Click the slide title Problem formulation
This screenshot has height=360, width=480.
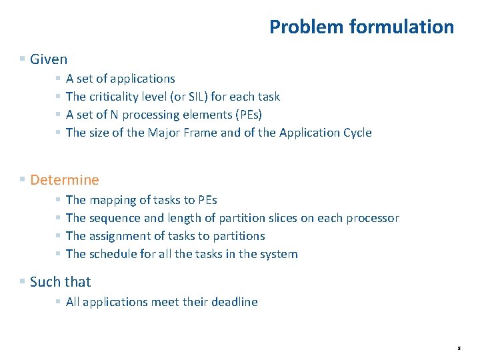click(x=361, y=27)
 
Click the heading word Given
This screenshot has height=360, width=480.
click(x=49, y=59)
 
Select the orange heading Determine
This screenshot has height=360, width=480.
click(x=64, y=180)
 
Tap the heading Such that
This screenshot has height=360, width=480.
click(x=60, y=282)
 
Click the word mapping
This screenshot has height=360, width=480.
click(x=111, y=200)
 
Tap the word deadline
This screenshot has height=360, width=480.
click(x=234, y=302)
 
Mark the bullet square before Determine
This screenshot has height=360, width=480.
click(x=23, y=180)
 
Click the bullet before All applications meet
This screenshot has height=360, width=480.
click(x=59, y=302)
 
